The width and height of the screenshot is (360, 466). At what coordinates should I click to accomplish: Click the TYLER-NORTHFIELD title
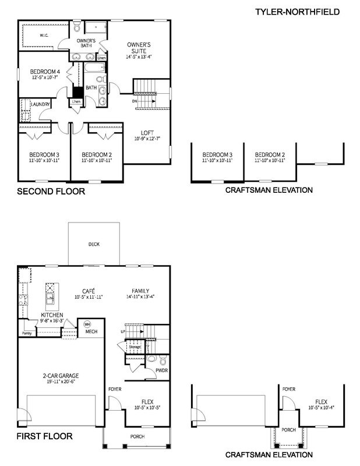point(297,12)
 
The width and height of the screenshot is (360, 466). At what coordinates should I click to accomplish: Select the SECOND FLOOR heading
point(51,191)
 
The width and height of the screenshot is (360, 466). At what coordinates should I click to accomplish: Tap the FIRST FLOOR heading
point(44,436)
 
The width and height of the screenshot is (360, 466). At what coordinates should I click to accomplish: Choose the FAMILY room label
point(140,291)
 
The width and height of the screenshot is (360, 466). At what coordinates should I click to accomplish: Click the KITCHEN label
point(52,315)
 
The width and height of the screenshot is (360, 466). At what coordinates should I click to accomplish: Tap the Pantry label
point(26,333)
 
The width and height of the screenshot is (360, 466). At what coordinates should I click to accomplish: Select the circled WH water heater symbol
point(87,324)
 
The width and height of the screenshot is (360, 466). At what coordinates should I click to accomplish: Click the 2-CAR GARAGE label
point(61,376)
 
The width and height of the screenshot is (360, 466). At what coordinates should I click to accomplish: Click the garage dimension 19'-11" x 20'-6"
point(61,382)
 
